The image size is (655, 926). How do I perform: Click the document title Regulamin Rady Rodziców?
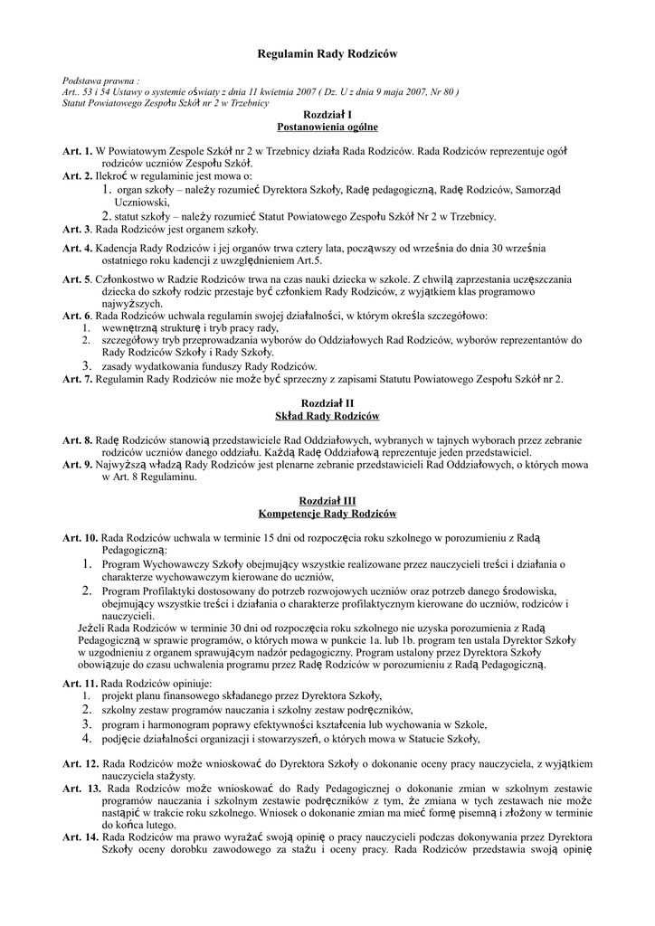(327, 55)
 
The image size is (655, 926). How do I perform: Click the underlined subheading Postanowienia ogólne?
(327, 128)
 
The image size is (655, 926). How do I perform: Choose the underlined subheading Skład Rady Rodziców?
(327, 416)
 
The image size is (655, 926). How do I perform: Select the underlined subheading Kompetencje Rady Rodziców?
(327, 514)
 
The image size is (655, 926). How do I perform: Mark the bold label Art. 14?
(81, 837)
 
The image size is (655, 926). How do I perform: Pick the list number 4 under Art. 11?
(88, 739)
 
